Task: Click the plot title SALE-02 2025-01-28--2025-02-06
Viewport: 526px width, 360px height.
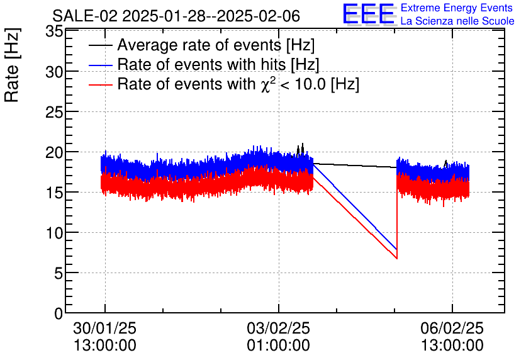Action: click(176, 15)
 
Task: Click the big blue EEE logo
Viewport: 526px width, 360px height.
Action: click(368, 14)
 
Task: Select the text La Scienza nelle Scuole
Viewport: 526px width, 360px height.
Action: click(457, 21)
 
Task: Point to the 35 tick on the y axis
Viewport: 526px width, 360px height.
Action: click(55, 32)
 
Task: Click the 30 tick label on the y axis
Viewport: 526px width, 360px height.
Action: click(55, 72)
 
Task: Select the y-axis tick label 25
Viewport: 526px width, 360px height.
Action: click(55, 113)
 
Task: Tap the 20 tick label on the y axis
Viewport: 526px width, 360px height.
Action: click(55, 153)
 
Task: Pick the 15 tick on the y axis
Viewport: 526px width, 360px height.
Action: click(55, 193)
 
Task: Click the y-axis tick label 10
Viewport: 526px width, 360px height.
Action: click(55, 233)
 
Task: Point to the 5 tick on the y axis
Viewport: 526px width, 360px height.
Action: click(59, 273)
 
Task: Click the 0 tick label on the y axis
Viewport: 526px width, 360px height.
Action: click(59, 313)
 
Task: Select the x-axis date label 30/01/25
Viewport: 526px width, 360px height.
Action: click(105, 329)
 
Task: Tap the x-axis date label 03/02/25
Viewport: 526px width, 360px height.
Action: click(279, 329)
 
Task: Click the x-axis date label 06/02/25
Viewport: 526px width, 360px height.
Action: click(452, 329)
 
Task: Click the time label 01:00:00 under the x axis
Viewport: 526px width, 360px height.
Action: click(279, 346)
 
